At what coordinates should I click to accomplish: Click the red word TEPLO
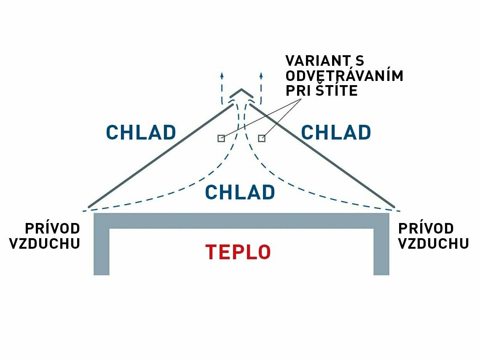(x=238, y=252)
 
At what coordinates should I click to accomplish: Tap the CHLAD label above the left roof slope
(x=141, y=132)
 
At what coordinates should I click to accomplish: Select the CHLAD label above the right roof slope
(x=336, y=132)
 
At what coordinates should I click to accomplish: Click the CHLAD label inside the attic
(x=240, y=192)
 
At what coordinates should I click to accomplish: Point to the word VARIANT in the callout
(x=317, y=61)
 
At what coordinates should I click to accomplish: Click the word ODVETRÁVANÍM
(x=344, y=76)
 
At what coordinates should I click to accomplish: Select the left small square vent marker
(x=221, y=138)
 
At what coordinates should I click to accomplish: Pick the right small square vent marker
(x=262, y=138)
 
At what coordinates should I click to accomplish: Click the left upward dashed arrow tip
(x=222, y=75)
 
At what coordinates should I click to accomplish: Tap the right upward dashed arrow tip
(x=261, y=75)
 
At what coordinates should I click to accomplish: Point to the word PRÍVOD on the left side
(x=52, y=228)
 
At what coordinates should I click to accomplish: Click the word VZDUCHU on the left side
(x=45, y=244)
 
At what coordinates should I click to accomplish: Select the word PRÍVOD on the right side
(x=426, y=228)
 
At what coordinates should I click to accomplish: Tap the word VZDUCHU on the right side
(x=434, y=244)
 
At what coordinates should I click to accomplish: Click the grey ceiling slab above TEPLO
(x=241, y=221)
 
